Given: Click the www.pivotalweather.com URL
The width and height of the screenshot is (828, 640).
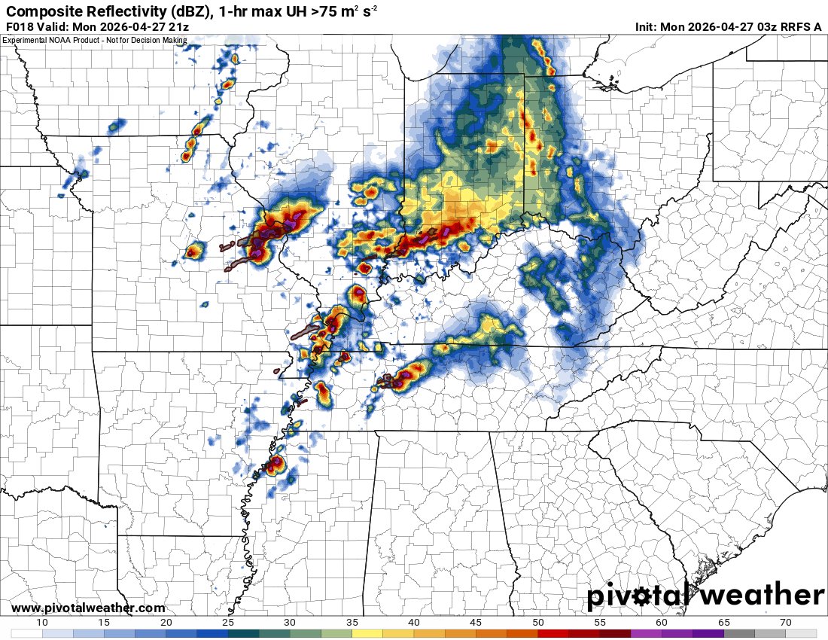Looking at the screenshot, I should pos(88,608).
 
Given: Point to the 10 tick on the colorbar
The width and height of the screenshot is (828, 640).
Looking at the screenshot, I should pos(42,622).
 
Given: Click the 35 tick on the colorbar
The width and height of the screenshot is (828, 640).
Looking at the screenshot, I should pos(352,622).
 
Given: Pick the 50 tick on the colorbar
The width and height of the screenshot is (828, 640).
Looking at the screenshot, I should pos(538,622).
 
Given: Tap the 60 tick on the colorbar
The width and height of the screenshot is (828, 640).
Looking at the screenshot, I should pos(662,622).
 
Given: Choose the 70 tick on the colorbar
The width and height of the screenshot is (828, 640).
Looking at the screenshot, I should pos(786,622).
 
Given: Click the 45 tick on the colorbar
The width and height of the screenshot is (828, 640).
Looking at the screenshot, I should pos(476,622).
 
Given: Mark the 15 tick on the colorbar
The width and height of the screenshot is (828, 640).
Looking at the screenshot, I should pos(105,622).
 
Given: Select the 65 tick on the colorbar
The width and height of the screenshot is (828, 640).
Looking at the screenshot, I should pos(724,622).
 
